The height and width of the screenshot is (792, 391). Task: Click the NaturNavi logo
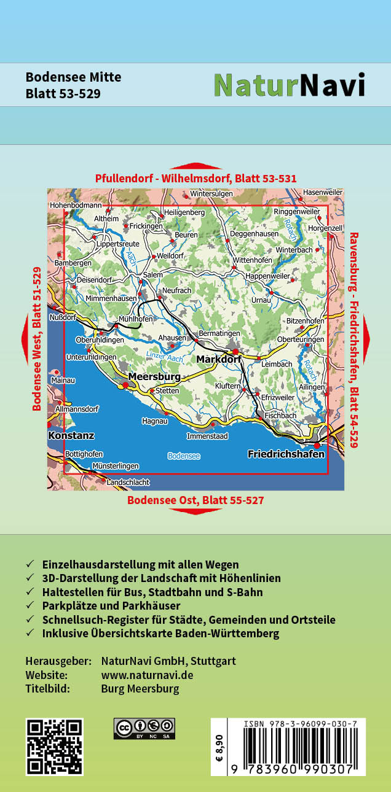pyautogui.click(x=289, y=85)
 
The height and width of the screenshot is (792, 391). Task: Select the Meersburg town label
pyautogui.click(x=154, y=376)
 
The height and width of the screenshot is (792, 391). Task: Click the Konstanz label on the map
pyautogui.click(x=71, y=435)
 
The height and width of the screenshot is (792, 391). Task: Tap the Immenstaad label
pyautogui.click(x=207, y=437)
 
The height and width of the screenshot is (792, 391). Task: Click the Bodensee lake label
pyautogui.click(x=184, y=456)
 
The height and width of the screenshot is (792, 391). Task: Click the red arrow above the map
pyautogui.click(x=195, y=166)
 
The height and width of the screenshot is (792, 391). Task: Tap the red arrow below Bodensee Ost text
pyautogui.click(x=195, y=511)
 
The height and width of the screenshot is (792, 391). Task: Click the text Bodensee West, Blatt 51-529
pyautogui.click(x=37, y=338)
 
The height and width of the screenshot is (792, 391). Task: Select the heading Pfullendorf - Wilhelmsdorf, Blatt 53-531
pyautogui.click(x=195, y=179)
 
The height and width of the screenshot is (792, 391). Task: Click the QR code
pyautogui.click(x=55, y=747)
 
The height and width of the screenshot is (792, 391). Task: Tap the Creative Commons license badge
pyautogui.click(x=144, y=728)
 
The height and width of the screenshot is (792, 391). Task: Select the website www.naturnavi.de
pyautogui.click(x=147, y=675)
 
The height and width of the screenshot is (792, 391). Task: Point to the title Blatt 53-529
pyautogui.click(x=63, y=94)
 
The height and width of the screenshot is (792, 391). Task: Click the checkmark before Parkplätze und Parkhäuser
pyautogui.click(x=30, y=606)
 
